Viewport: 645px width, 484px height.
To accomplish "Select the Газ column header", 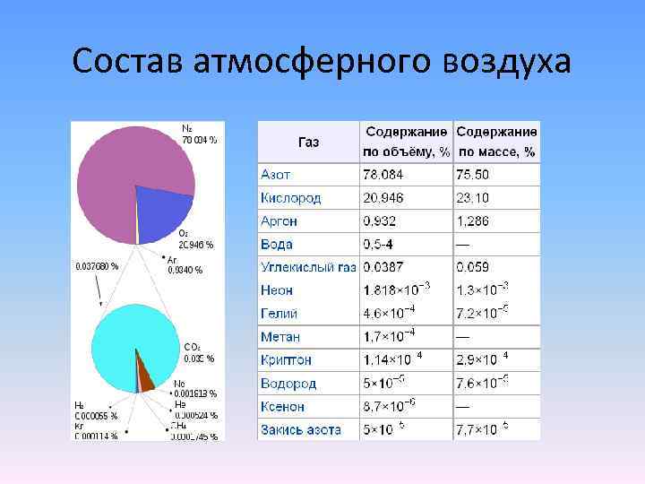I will (308, 142).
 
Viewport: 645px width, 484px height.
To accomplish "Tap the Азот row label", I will (276, 174).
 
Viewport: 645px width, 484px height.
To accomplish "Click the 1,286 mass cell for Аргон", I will (474, 220).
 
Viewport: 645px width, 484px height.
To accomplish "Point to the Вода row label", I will (277, 244).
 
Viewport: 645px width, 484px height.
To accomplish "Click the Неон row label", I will (278, 290).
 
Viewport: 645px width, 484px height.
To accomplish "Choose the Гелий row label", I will (279, 314).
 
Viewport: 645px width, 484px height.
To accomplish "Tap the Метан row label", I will (279, 337).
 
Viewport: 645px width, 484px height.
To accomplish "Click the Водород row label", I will (288, 384).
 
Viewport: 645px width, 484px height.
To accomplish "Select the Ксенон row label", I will (283, 407).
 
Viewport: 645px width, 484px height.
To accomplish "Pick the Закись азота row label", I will (301, 430).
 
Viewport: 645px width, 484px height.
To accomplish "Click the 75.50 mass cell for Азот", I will (472, 174).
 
